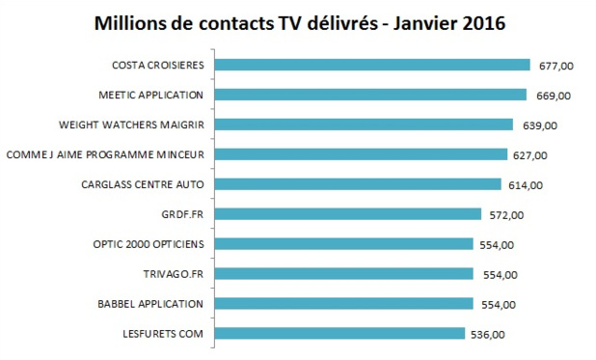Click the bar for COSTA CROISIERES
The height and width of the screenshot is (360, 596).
(371, 65)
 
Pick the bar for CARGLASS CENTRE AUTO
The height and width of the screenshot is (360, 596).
(357, 184)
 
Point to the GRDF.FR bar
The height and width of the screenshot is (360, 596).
(347, 214)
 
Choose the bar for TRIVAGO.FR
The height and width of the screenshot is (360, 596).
(342, 274)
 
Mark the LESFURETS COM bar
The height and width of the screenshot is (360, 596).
(339, 334)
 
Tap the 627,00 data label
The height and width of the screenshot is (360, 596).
(529, 155)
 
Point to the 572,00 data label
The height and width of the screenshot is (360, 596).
(504, 215)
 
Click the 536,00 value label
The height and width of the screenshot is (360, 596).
(487, 335)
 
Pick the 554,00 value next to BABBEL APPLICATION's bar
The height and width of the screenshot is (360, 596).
(497, 305)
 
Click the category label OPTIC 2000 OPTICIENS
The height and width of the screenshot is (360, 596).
(152, 244)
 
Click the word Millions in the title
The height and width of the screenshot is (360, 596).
(131, 22)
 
